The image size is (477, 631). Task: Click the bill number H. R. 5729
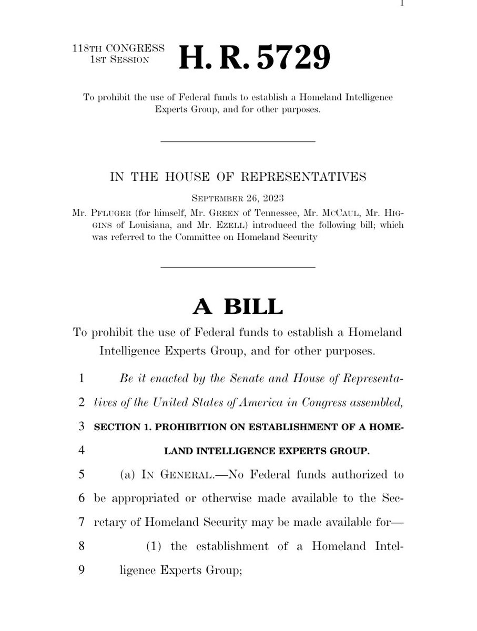(x=255, y=57)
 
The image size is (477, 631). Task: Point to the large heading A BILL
(x=238, y=307)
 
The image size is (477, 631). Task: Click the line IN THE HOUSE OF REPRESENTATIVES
(x=238, y=177)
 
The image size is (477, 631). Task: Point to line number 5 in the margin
(x=81, y=475)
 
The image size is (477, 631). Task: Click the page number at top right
(x=401, y=3)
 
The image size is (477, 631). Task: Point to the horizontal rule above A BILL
(x=238, y=268)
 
